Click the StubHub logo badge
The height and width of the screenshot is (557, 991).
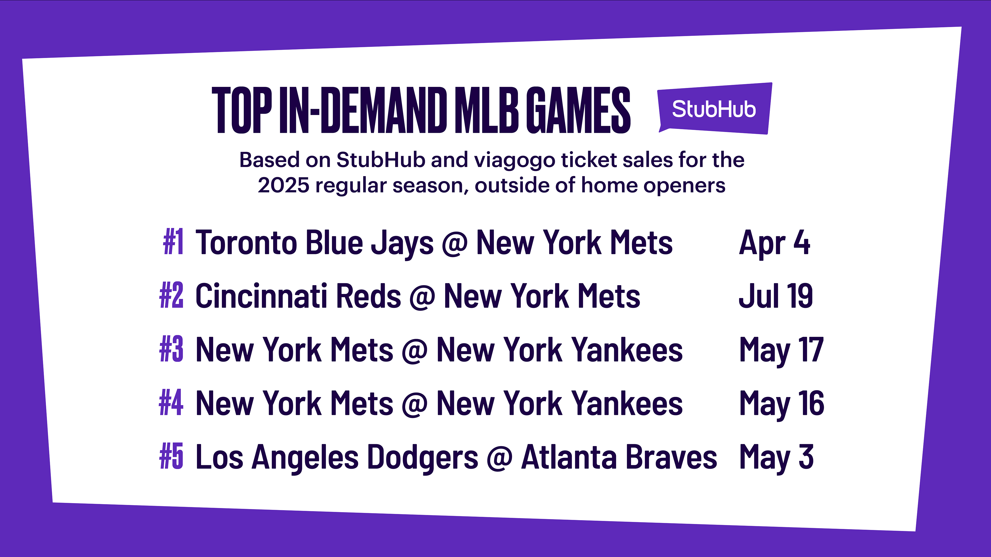point(715,108)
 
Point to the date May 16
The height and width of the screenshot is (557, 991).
point(782,404)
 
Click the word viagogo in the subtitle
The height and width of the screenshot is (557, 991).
point(514,161)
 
